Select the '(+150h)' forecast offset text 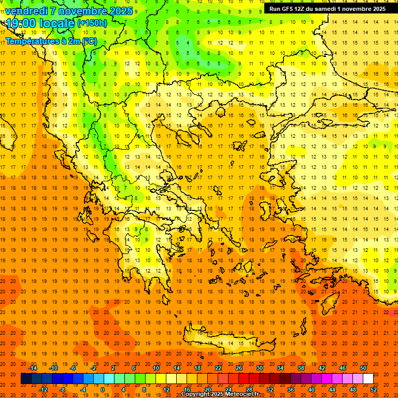tap(92, 23)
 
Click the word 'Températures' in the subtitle tap(32, 41)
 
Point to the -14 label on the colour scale tap(33, 368)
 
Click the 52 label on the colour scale tap(374, 389)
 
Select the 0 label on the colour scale tap(102, 389)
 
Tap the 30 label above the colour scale tap(259, 368)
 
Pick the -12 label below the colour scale tap(43, 389)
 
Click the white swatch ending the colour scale tap(368, 379)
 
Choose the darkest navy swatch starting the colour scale tap(26, 379)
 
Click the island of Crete tap(228, 342)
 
